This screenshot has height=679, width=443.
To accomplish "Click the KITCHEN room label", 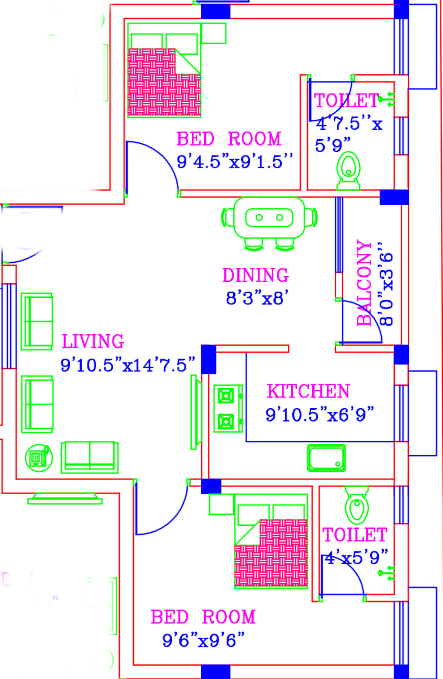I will pos(308,391).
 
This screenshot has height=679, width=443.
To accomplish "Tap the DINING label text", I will pos(255,275).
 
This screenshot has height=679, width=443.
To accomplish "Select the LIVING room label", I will pos(93,341).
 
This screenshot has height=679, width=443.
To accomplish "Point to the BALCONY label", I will pos(364,283).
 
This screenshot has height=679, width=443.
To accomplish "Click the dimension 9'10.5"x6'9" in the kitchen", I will pos(320,414).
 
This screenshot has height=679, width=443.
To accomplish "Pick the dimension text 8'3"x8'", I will pos(257,298).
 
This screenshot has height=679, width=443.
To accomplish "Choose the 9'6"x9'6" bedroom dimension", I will pos(203,640).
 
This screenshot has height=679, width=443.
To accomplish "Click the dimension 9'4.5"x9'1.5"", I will pos(235,162).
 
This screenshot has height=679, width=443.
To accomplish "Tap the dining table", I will pos(269,218).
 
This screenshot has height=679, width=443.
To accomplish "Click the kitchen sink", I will pos(327,458).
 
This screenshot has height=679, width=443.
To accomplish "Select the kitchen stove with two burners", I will pos(227,409).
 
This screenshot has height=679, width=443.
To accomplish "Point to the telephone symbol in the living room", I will pos(38,458).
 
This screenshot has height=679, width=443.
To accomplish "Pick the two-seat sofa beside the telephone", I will pos(90,457).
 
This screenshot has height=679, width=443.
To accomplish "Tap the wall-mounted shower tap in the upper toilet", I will pos(388,99).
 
